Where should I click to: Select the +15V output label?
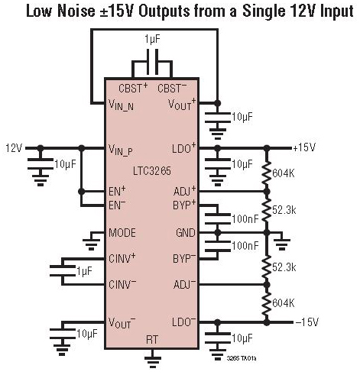pos(304,147)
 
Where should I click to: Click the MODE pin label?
pos(122,233)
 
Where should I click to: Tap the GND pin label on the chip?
pos(186,233)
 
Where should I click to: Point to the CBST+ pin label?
pos(134,88)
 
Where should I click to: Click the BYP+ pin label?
pos(184,205)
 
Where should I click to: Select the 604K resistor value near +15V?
pos(284,173)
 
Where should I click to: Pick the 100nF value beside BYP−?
pos(245,245)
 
